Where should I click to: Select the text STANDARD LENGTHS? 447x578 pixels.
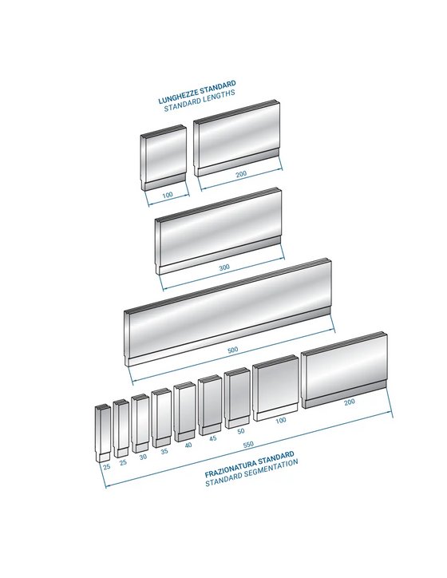(x=200, y=101)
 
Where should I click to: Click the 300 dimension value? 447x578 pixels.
(x=224, y=267)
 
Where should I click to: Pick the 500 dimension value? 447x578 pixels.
(x=233, y=350)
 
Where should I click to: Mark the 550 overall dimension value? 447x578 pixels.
(x=248, y=445)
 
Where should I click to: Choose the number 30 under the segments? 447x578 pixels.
(x=143, y=457)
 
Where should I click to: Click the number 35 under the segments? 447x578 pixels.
(x=164, y=451)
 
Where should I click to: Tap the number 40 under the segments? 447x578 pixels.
(x=188, y=445)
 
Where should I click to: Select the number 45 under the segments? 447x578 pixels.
(x=213, y=438)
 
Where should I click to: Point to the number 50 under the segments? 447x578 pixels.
(x=241, y=431)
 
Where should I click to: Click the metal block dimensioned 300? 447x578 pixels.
(x=218, y=232)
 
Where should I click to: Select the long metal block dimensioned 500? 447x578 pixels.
(x=227, y=312)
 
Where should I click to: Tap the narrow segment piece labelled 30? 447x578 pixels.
(x=140, y=423)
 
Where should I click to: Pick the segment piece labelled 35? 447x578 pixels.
(x=161, y=418)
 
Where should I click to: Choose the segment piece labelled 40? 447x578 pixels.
(x=184, y=411)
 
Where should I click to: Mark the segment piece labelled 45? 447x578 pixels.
(x=210, y=405)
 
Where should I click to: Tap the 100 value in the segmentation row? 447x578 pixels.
(x=281, y=420)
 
